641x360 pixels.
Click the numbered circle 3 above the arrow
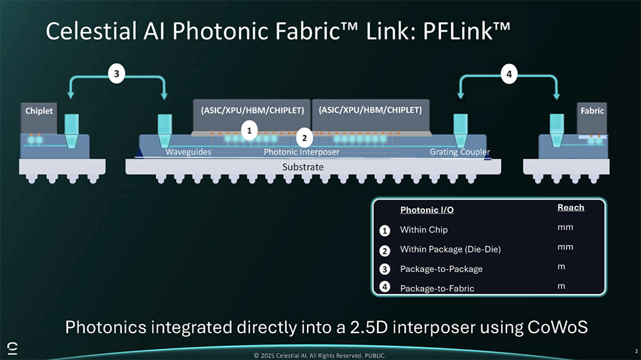point(116,74)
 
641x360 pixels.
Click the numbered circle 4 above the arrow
point(508,74)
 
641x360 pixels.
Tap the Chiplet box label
point(39,111)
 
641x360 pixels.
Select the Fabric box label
point(592,111)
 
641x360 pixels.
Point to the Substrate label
point(303,167)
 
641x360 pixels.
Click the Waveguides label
point(188,152)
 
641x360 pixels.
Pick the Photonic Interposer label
point(301,152)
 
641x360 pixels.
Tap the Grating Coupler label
point(460,152)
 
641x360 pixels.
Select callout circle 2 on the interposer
point(304,137)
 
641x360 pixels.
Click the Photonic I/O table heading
point(427,210)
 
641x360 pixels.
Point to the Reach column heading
point(570,208)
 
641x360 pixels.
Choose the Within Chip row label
point(424,229)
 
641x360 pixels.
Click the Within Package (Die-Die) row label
point(450,249)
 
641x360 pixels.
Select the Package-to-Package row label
point(441,269)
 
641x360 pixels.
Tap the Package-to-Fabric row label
point(437,288)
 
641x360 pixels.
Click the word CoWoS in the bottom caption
point(558,327)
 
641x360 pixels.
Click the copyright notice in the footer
point(320,355)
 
